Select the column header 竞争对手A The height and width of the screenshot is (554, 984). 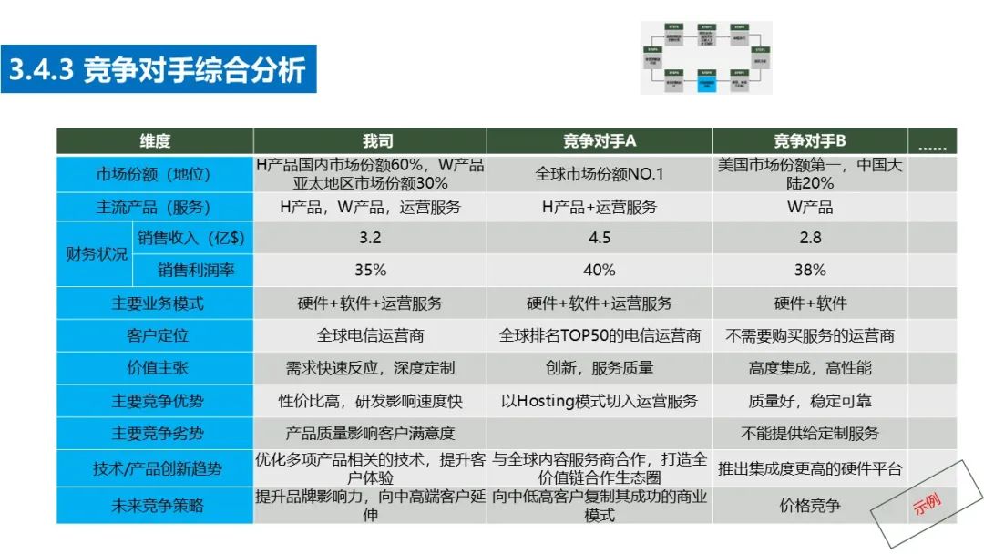(599, 140)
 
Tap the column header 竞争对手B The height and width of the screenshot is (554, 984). (810, 140)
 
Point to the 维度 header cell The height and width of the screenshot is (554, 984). (155, 140)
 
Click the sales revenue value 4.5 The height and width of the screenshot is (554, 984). (599, 238)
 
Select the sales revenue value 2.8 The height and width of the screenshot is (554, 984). (810, 238)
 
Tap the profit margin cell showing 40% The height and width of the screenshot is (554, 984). (599, 270)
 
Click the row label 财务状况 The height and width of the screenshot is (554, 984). (96, 254)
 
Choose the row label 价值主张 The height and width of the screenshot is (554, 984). (155, 368)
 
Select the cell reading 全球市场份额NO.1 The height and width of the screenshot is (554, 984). (599, 173)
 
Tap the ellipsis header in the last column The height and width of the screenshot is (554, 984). (931, 141)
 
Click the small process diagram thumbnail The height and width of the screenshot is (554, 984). (705, 57)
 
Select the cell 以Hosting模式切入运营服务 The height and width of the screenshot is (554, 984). (599, 401)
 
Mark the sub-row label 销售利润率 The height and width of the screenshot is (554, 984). (192, 270)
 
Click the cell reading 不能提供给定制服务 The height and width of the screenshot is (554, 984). (810, 434)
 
